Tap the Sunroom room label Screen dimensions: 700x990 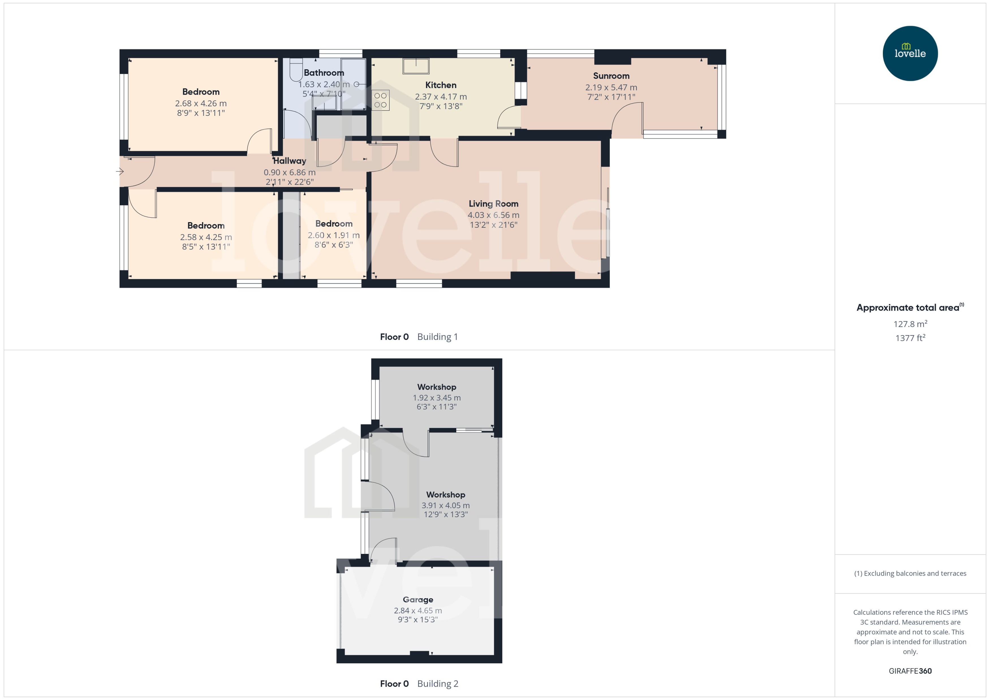611,76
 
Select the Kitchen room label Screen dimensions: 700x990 440,85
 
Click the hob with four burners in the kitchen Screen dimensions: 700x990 380,100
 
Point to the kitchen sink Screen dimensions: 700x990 416,66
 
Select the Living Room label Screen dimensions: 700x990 493,203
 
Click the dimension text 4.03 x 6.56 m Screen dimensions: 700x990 493,215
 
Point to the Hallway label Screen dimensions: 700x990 289,161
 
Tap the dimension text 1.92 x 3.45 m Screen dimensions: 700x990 436,397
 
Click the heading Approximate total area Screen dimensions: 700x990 908,308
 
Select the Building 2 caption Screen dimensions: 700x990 437,684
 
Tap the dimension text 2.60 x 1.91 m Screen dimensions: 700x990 333,235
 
